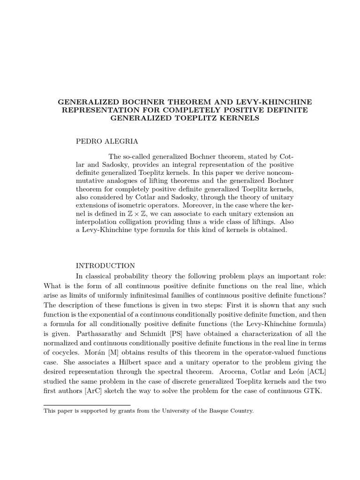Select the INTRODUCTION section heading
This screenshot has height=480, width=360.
pyautogui.click(x=105, y=266)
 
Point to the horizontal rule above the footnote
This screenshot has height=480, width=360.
pyautogui.click(x=87, y=405)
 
